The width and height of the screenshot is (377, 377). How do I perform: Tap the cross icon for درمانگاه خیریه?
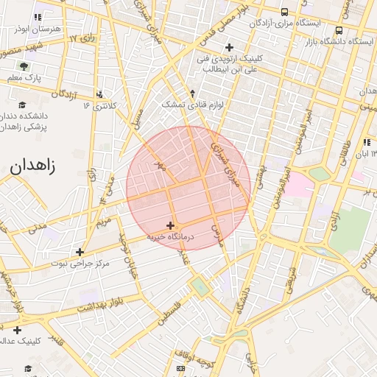171,225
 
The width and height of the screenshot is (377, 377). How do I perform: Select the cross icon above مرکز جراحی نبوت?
80,251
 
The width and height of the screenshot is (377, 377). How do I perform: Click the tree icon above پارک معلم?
24,66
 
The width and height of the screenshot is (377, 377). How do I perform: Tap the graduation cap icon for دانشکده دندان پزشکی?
22,105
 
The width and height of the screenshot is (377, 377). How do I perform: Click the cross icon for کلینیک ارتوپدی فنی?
229,47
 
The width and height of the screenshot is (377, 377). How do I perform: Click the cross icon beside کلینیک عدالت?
16,330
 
